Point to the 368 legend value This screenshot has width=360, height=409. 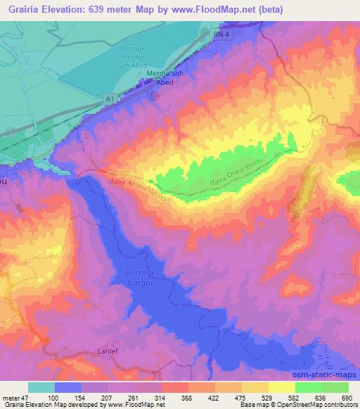pos(168,398)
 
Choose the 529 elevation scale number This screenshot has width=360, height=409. pos(257,398)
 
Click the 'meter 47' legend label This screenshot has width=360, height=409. pos(18,398)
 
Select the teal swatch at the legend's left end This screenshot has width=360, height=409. pos(41,387)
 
